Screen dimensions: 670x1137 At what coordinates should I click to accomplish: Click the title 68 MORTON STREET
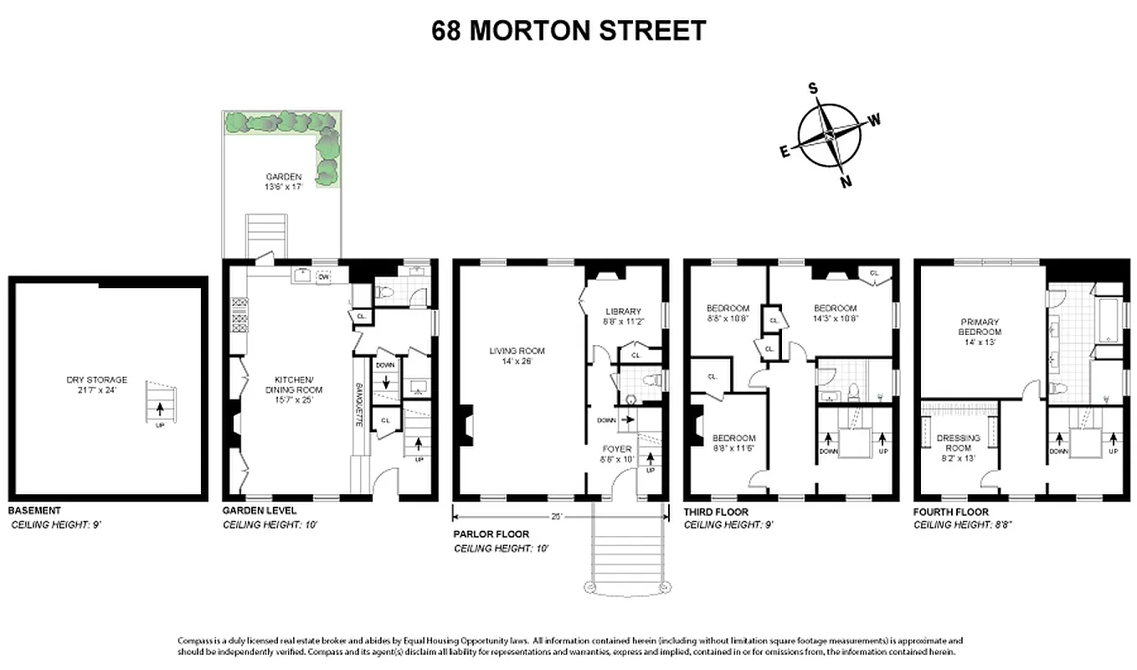[x=568, y=31]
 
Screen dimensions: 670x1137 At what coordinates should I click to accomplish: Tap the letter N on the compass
[x=846, y=182]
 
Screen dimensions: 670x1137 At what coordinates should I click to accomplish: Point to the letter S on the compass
[x=812, y=88]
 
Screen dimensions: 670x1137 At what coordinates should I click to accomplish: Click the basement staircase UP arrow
[x=159, y=408]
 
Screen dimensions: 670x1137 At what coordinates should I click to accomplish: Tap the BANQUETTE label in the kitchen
[x=358, y=406]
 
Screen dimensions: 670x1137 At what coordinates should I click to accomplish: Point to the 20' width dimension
[x=558, y=516]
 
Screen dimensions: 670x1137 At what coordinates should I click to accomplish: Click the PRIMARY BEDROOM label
[x=980, y=327]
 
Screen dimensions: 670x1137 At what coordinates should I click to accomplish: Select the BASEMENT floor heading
[x=33, y=510]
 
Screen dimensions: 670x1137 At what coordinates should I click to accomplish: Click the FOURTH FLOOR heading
[x=950, y=512]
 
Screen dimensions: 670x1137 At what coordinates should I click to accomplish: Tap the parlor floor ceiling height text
[x=501, y=549]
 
